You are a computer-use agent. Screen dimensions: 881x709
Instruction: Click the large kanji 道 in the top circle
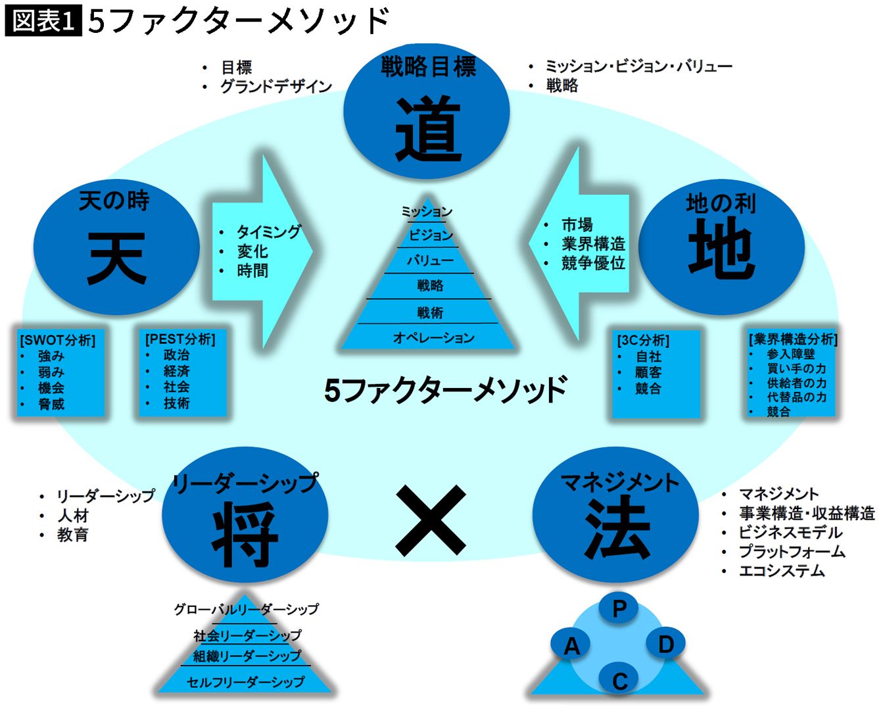point(428,129)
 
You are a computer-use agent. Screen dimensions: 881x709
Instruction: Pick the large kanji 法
point(617,528)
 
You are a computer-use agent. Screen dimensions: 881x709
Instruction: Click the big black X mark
point(431,521)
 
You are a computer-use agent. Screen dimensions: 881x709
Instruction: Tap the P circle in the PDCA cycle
point(619,608)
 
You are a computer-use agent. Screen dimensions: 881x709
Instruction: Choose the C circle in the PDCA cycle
point(619,680)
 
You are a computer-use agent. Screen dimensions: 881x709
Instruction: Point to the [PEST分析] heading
point(180,339)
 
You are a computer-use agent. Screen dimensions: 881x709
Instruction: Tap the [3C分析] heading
point(643,341)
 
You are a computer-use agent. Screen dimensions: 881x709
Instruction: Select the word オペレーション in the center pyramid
point(433,337)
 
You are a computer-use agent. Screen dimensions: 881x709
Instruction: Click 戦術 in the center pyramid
point(430,312)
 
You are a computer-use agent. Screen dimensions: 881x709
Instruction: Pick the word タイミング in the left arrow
point(268,232)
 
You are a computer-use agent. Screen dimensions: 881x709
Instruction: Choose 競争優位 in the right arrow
point(593,263)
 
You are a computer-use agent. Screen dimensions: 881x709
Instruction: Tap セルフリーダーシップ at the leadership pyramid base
point(246,681)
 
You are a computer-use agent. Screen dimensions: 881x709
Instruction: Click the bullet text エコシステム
point(782,571)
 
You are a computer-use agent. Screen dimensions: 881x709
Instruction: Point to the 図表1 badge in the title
point(43,21)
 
